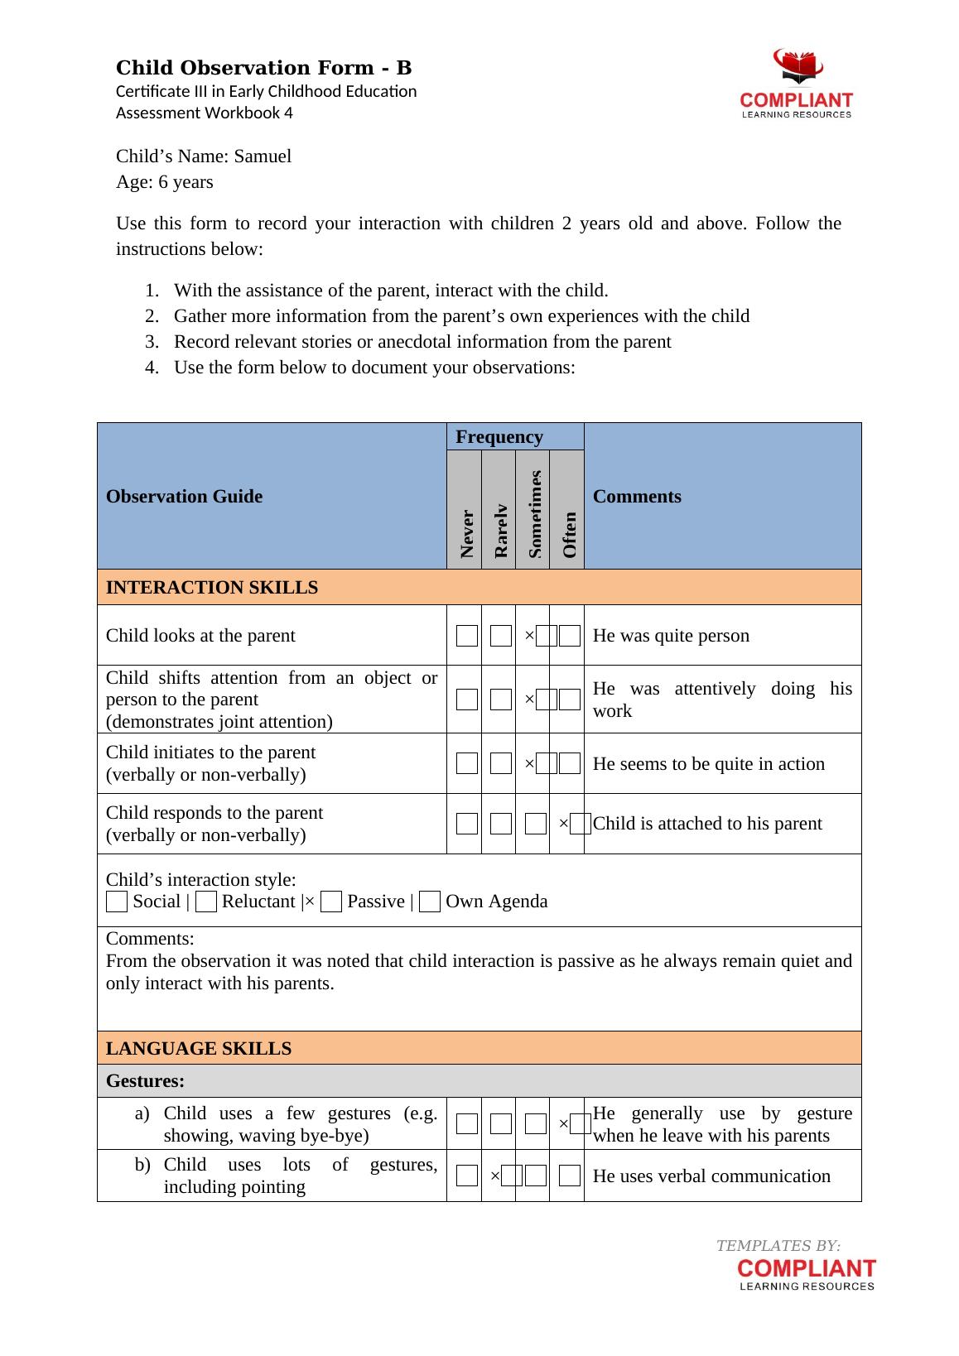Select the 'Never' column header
pos(466,532)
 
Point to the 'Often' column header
pos(568,534)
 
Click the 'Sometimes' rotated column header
pos(534,513)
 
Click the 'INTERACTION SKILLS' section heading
pos(212,588)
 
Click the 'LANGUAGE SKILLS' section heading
pos(199,1049)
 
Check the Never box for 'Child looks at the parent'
pos(467,636)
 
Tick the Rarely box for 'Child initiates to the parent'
pos(500,763)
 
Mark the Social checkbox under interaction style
pos(117,902)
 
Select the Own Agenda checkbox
pos(429,902)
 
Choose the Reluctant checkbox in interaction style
pos(206,902)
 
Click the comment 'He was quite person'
pos(671,636)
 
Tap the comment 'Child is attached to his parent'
pos(707,824)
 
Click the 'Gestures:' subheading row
pos(146,1081)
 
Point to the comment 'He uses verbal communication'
pos(711,1176)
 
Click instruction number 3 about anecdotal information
pos(422,342)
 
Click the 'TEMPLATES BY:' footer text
pos(778,1246)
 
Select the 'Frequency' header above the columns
pos(499,437)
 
